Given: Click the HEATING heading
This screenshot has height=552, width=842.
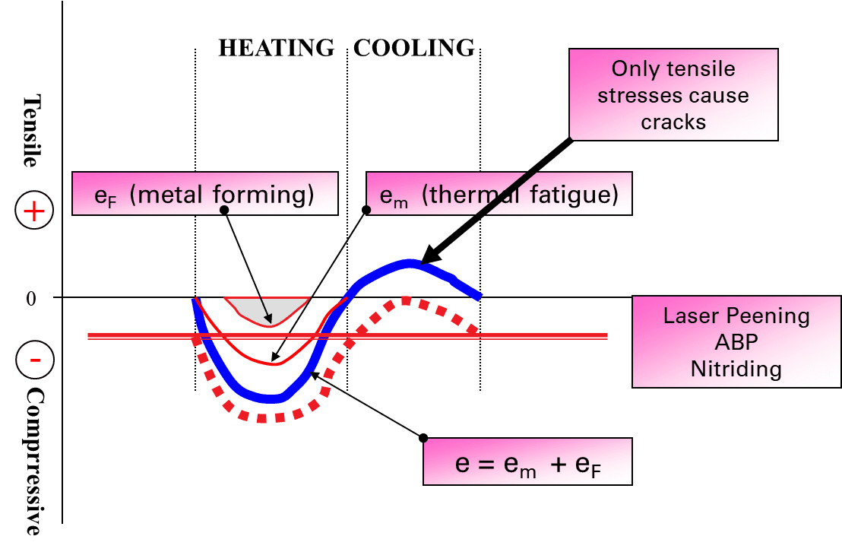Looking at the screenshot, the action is click(277, 49).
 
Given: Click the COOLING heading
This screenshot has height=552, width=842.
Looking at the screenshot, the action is click(414, 49).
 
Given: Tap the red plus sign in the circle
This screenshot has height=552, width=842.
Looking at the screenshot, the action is click(34, 211).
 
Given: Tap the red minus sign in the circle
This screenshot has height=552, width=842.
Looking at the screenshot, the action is click(35, 360).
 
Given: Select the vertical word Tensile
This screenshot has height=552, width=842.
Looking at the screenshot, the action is click(33, 132).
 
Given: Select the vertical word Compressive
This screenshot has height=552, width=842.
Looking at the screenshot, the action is click(33, 462).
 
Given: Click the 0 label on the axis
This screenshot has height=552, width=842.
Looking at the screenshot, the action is click(31, 298).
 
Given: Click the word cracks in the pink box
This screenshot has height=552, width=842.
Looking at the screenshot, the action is click(673, 122).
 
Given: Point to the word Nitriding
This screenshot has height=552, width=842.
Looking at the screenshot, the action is click(736, 370).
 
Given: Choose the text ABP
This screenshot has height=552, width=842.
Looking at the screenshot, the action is click(736, 342).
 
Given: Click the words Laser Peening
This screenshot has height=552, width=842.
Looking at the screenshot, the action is click(736, 316).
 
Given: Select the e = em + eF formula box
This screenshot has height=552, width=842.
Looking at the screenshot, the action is click(527, 462).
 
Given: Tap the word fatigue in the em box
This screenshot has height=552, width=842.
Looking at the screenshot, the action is click(574, 195).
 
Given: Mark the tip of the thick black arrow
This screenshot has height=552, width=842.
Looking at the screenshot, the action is click(422, 263).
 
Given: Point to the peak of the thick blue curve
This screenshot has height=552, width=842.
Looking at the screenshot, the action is click(410, 263).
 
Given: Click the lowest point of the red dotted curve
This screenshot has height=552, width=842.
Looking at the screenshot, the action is click(262, 418).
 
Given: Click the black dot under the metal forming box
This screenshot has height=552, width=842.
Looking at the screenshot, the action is click(224, 210).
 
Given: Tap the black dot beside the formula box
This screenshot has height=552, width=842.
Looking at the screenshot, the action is click(423, 438).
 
